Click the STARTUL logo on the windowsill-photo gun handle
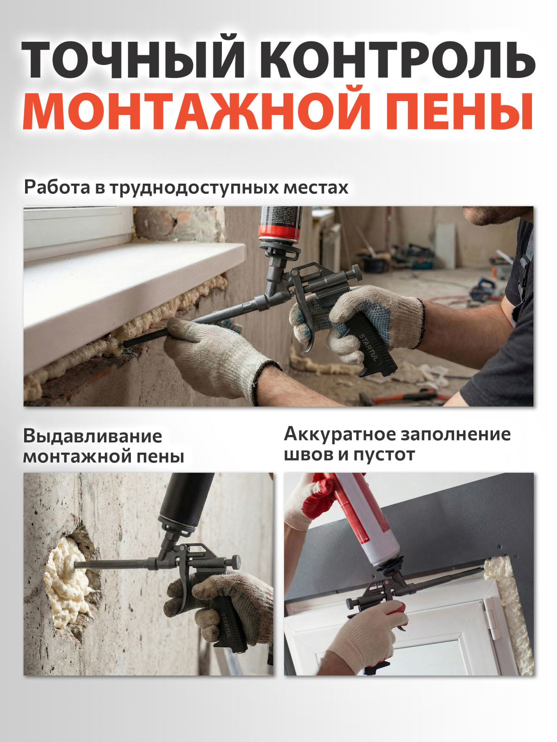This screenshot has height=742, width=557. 368,347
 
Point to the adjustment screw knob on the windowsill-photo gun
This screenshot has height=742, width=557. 356,272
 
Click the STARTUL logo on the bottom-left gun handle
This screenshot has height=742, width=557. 227,624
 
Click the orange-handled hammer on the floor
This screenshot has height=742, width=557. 408,397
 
